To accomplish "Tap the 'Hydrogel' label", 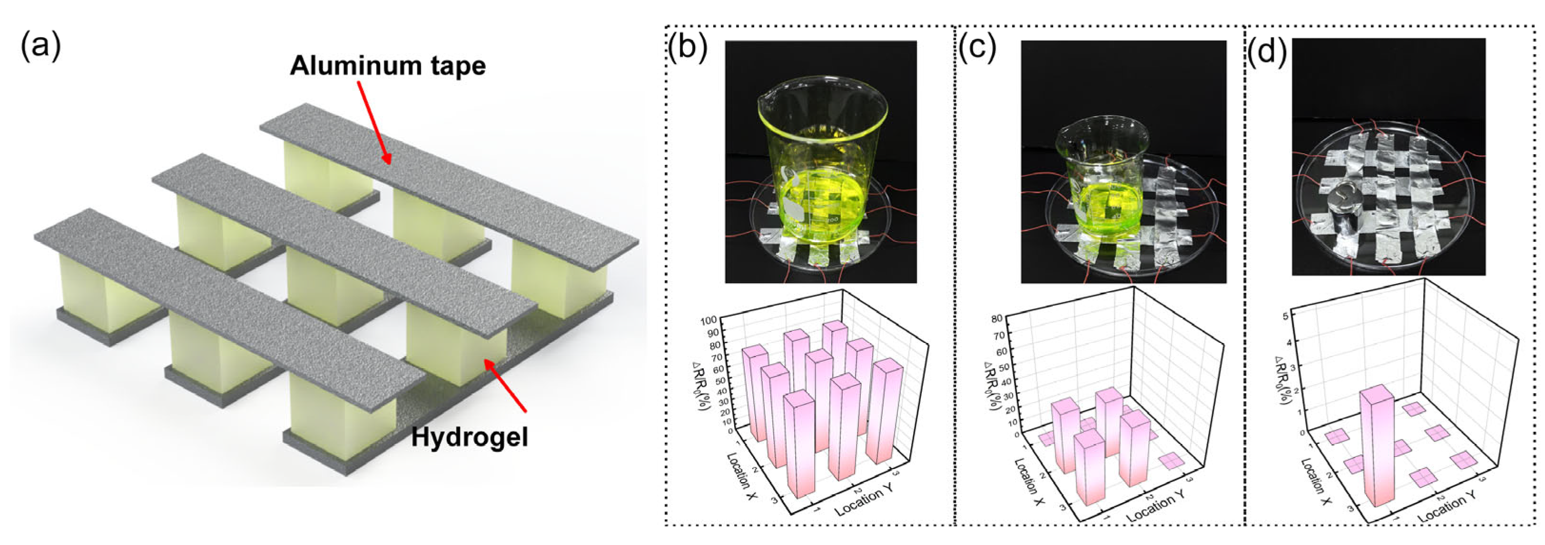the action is (469, 437).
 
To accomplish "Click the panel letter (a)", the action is (41, 46).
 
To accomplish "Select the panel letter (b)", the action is (688, 48).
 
